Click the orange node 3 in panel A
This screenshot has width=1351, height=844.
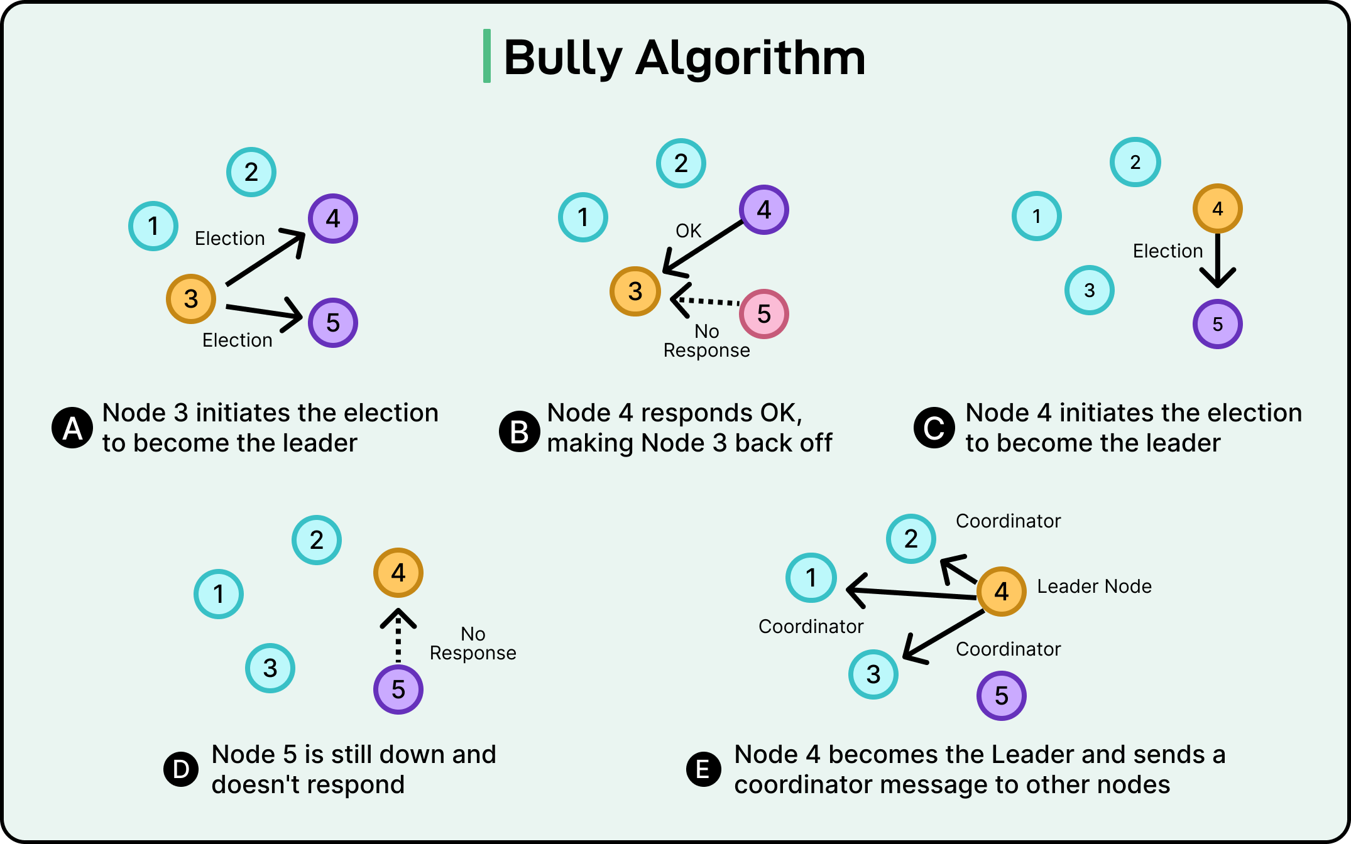[191, 299]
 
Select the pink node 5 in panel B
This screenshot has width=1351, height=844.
[763, 314]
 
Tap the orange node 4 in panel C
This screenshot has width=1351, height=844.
[1217, 208]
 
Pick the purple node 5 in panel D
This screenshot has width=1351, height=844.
[398, 690]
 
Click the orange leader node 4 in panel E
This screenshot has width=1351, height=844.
[1001, 592]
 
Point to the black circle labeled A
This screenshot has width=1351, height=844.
[73, 428]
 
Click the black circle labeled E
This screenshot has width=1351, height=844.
[704, 769]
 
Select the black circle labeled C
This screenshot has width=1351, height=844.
[934, 428]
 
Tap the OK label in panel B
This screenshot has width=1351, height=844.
[688, 231]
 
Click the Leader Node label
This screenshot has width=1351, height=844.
[1094, 587]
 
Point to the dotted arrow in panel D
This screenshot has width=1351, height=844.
[398, 636]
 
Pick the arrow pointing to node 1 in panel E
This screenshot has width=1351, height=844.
[911, 593]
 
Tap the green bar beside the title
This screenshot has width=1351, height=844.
[487, 56]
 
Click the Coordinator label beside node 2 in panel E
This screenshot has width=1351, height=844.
[1008, 521]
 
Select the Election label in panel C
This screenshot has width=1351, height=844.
[1168, 251]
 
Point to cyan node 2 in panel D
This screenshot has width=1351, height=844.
[317, 540]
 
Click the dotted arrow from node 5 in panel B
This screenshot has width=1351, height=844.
[707, 301]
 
